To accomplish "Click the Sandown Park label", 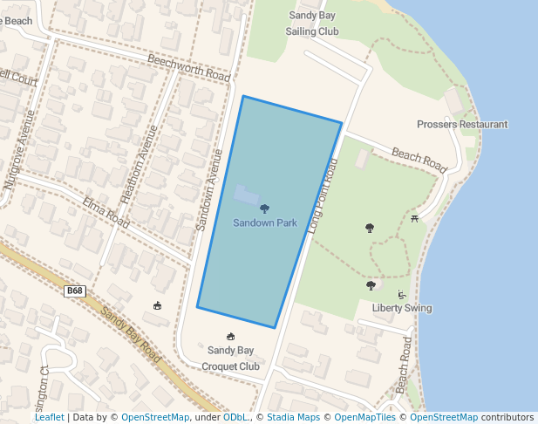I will click(265, 223).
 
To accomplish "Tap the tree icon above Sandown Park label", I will click(265, 209).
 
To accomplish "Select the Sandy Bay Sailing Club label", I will click(312, 24).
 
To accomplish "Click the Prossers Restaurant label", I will click(462, 125).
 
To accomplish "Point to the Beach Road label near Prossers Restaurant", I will click(419, 158).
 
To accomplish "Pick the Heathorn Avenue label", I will click(140, 165).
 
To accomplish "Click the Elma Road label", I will click(106, 212).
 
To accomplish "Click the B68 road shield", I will click(75, 291).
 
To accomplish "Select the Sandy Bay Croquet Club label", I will click(231, 359).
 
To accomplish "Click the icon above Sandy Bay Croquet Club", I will click(231, 337).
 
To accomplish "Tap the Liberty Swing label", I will click(402, 308).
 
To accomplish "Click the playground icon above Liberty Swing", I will click(401, 294).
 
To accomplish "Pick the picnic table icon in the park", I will click(414, 218).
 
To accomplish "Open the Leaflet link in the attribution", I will click(49, 418).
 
